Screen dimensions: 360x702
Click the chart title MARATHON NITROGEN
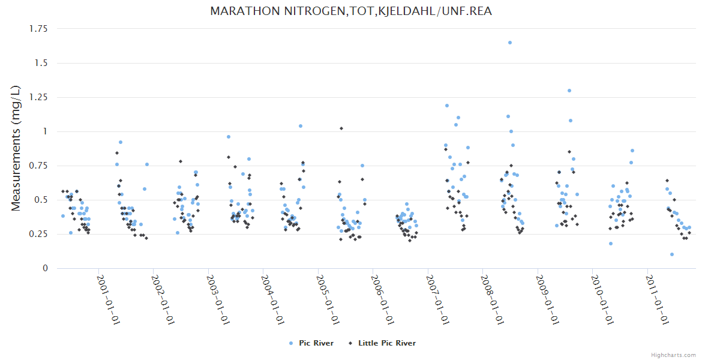pyautogui.click(x=351, y=11)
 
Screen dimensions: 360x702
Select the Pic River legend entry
pyautogui.click(x=312, y=343)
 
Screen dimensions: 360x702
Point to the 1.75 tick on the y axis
pyautogui.click(x=39, y=28)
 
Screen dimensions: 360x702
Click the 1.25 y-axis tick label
pyautogui.click(x=39, y=97)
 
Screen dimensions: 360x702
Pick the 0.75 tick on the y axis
pyautogui.click(x=39, y=166)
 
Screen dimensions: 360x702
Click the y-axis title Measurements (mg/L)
pyautogui.click(x=16, y=148)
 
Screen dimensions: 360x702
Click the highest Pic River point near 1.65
pyautogui.click(x=510, y=43)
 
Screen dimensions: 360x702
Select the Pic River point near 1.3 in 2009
pyautogui.click(x=569, y=91)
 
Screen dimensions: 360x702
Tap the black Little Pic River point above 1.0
pyautogui.click(x=341, y=128)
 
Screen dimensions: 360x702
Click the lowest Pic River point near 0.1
pyautogui.click(x=672, y=254)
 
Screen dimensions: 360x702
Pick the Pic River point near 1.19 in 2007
pyautogui.click(x=447, y=106)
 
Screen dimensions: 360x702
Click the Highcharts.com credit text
pyautogui.click(x=673, y=355)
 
